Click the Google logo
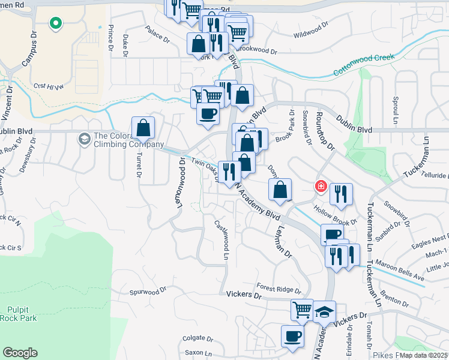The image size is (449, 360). point(20,353)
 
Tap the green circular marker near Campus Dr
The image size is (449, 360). point(55,23)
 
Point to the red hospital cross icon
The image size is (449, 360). point(321,187)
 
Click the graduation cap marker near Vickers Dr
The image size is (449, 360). point(324,311)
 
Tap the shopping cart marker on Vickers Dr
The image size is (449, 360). point(302,310)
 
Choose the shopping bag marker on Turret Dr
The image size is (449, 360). point(143,128)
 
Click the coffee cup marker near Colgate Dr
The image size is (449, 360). point(292,336)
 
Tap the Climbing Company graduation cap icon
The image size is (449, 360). point(85,139)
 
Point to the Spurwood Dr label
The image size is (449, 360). point(148,292)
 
